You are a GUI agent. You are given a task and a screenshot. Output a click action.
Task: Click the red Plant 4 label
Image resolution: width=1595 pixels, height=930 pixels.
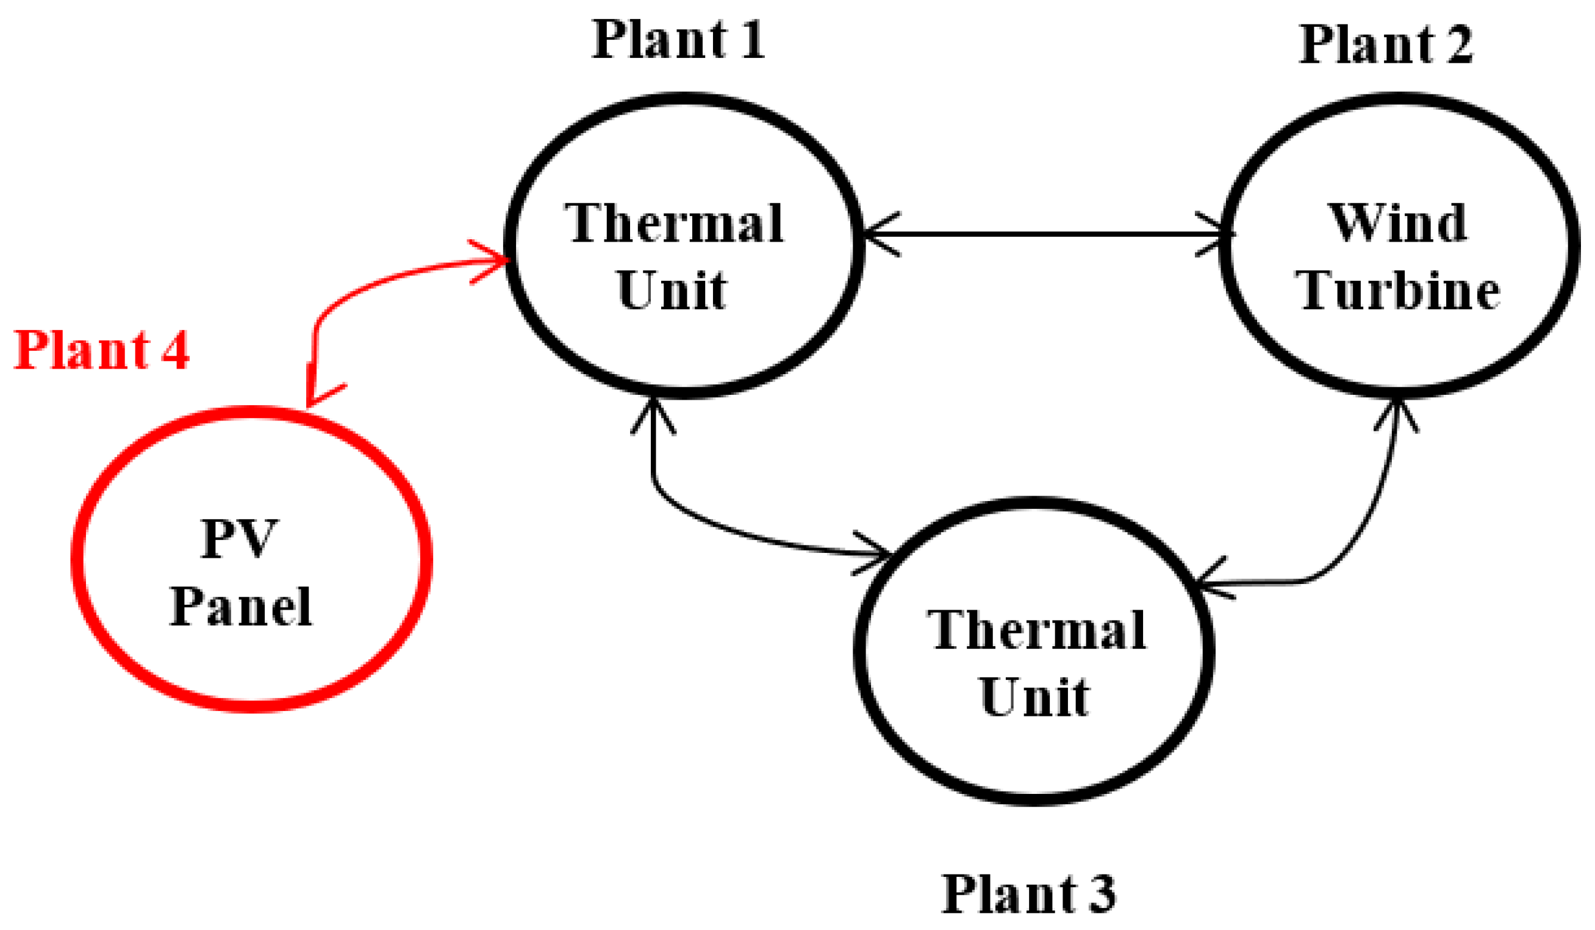point(101,350)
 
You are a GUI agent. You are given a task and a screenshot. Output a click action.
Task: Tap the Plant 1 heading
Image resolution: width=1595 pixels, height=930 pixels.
point(678,39)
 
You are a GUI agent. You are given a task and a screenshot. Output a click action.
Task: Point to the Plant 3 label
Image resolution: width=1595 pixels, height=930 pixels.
point(1028,893)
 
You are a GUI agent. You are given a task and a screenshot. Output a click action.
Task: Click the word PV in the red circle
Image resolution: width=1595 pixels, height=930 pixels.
point(238,538)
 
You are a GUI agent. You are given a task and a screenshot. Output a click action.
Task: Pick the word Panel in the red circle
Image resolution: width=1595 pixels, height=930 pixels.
point(240,607)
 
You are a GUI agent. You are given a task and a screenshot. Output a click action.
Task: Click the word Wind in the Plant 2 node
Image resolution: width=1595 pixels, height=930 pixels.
point(1397,223)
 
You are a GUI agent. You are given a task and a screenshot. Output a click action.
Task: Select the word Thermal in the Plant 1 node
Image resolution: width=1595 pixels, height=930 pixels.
point(674,223)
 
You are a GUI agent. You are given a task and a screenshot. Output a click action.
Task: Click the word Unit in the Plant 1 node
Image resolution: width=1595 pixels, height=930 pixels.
point(672,290)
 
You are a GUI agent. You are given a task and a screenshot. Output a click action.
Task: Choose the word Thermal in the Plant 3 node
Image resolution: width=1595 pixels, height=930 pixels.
point(1037,630)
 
